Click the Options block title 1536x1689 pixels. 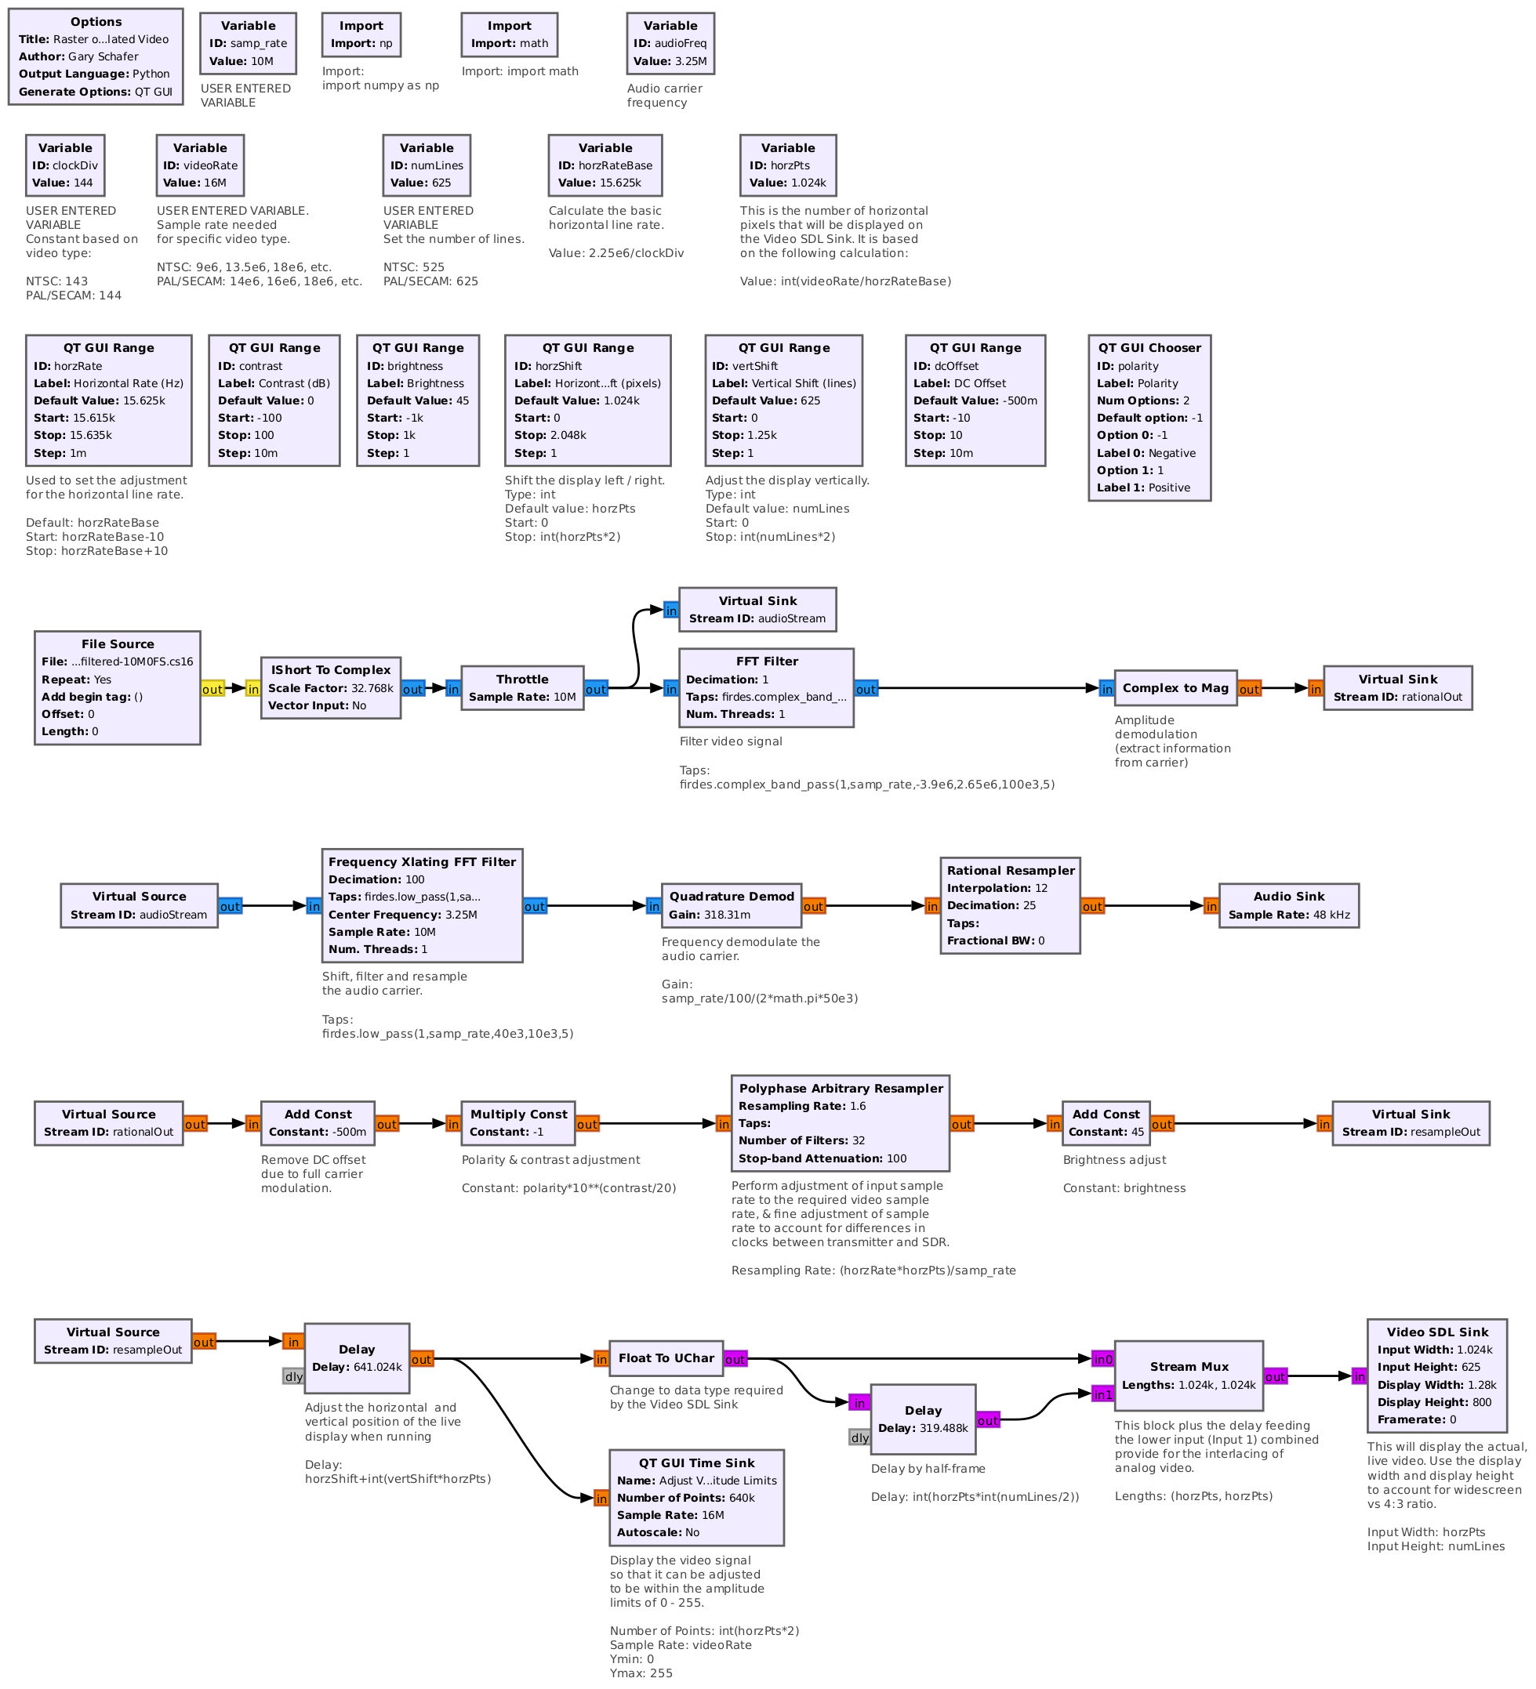pos(96,22)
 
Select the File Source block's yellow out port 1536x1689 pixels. pos(212,689)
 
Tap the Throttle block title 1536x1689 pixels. pos(521,680)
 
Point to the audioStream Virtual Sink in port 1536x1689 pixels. pos(670,611)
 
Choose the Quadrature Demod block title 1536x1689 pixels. pos(731,897)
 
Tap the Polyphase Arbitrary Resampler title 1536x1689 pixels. pos(841,1089)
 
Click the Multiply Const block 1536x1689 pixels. pos(517,1122)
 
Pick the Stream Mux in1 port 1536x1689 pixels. pos(1102,1394)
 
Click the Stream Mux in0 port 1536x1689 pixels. pos(1102,1359)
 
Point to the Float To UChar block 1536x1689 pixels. pos(666,1358)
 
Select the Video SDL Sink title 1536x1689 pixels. pos(1437,1332)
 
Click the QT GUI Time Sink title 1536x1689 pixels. pos(696,1462)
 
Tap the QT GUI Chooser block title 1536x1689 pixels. pos(1149,348)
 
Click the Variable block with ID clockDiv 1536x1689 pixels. pos(64,165)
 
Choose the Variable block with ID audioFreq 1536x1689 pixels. pos(670,44)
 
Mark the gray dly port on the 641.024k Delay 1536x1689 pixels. pos(293,1376)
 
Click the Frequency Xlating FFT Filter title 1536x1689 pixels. pos(422,861)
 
